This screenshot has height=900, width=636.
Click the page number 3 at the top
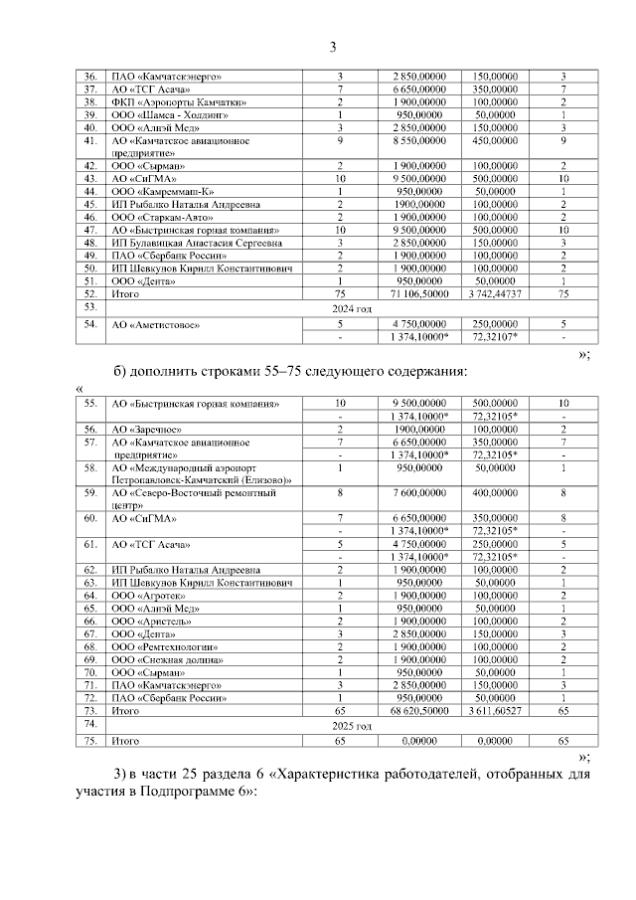tap(333, 46)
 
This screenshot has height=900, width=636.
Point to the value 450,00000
tap(494, 141)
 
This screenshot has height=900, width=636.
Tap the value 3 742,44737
tap(494, 294)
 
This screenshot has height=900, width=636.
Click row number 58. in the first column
tap(90, 466)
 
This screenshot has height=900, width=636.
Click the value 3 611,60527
tap(494, 712)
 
